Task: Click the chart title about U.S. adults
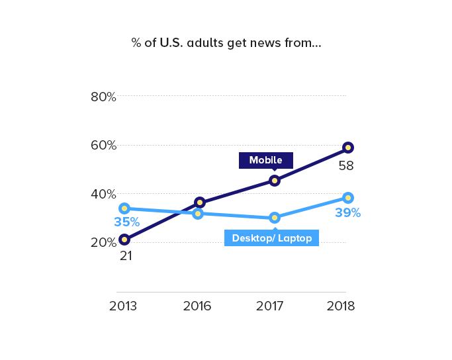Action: click(226, 44)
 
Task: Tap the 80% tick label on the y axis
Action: click(103, 97)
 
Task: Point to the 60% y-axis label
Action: click(103, 146)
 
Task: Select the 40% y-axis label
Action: click(103, 194)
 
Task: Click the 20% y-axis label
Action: click(103, 243)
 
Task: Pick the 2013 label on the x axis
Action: click(123, 306)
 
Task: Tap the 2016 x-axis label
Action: click(197, 306)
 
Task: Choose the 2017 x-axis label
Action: click(270, 306)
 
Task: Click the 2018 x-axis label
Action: click(341, 306)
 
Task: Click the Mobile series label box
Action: click(265, 160)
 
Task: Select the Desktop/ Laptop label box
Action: click(272, 238)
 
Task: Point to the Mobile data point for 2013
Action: click(124, 240)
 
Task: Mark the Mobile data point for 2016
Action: click(200, 202)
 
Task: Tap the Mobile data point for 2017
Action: click(275, 181)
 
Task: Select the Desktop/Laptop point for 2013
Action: click(124, 208)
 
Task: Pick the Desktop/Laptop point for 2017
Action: click(275, 218)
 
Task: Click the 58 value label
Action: click(346, 166)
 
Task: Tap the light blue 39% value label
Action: click(347, 213)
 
